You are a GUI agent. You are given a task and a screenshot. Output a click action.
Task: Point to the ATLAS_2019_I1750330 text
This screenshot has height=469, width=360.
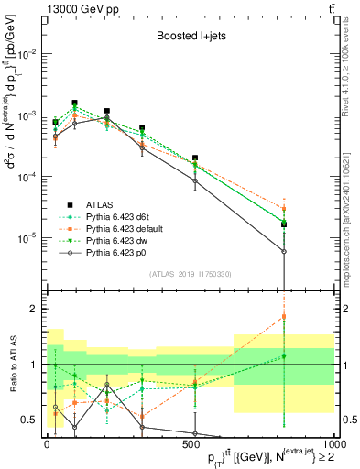(x=190, y=274)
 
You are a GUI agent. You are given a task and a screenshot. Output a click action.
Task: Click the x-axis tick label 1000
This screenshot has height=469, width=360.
(x=332, y=443)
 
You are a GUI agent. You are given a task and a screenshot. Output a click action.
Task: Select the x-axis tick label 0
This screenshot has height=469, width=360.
(x=47, y=443)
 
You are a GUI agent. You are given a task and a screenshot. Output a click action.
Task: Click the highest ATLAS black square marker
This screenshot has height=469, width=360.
(x=75, y=104)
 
